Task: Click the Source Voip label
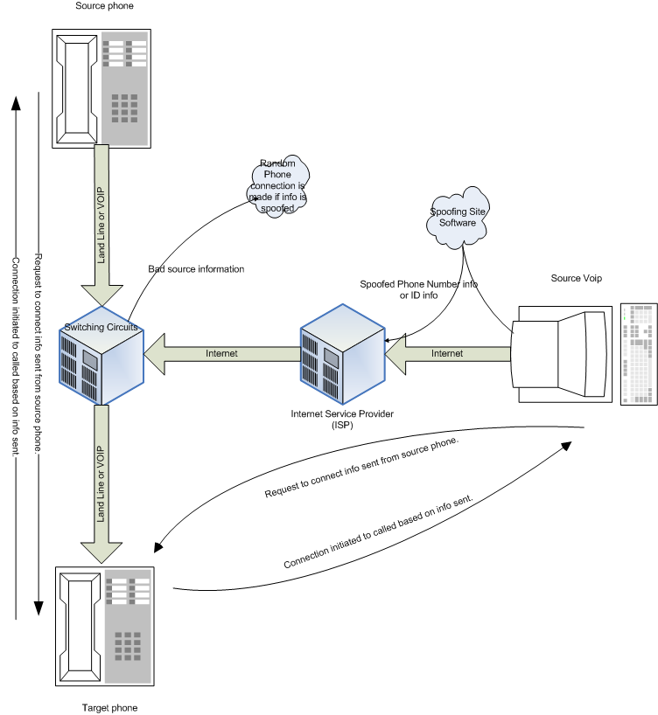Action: [576, 278]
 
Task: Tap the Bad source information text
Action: [196, 269]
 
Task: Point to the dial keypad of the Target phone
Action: [128, 647]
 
